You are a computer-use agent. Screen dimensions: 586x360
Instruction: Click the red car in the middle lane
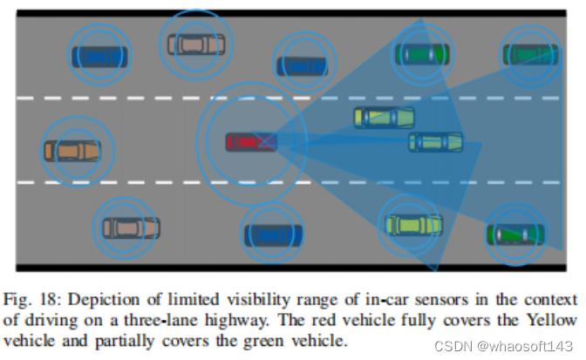pyautogui.click(x=250, y=141)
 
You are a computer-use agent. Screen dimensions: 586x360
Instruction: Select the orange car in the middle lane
pyautogui.click(x=72, y=151)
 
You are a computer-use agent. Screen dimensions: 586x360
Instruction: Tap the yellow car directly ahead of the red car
pyautogui.click(x=384, y=117)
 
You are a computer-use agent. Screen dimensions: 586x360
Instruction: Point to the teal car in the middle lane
pyautogui.click(x=435, y=141)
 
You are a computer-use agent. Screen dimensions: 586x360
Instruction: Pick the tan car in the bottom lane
pyautogui.click(x=132, y=228)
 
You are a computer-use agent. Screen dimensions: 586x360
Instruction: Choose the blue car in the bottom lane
pyautogui.click(x=273, y=234)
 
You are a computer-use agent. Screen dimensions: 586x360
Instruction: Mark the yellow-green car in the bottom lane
pyautogui.click(x=413, y=225)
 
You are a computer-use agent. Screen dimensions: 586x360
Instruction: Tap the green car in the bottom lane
pyautogui.click(x=515, y=234)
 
